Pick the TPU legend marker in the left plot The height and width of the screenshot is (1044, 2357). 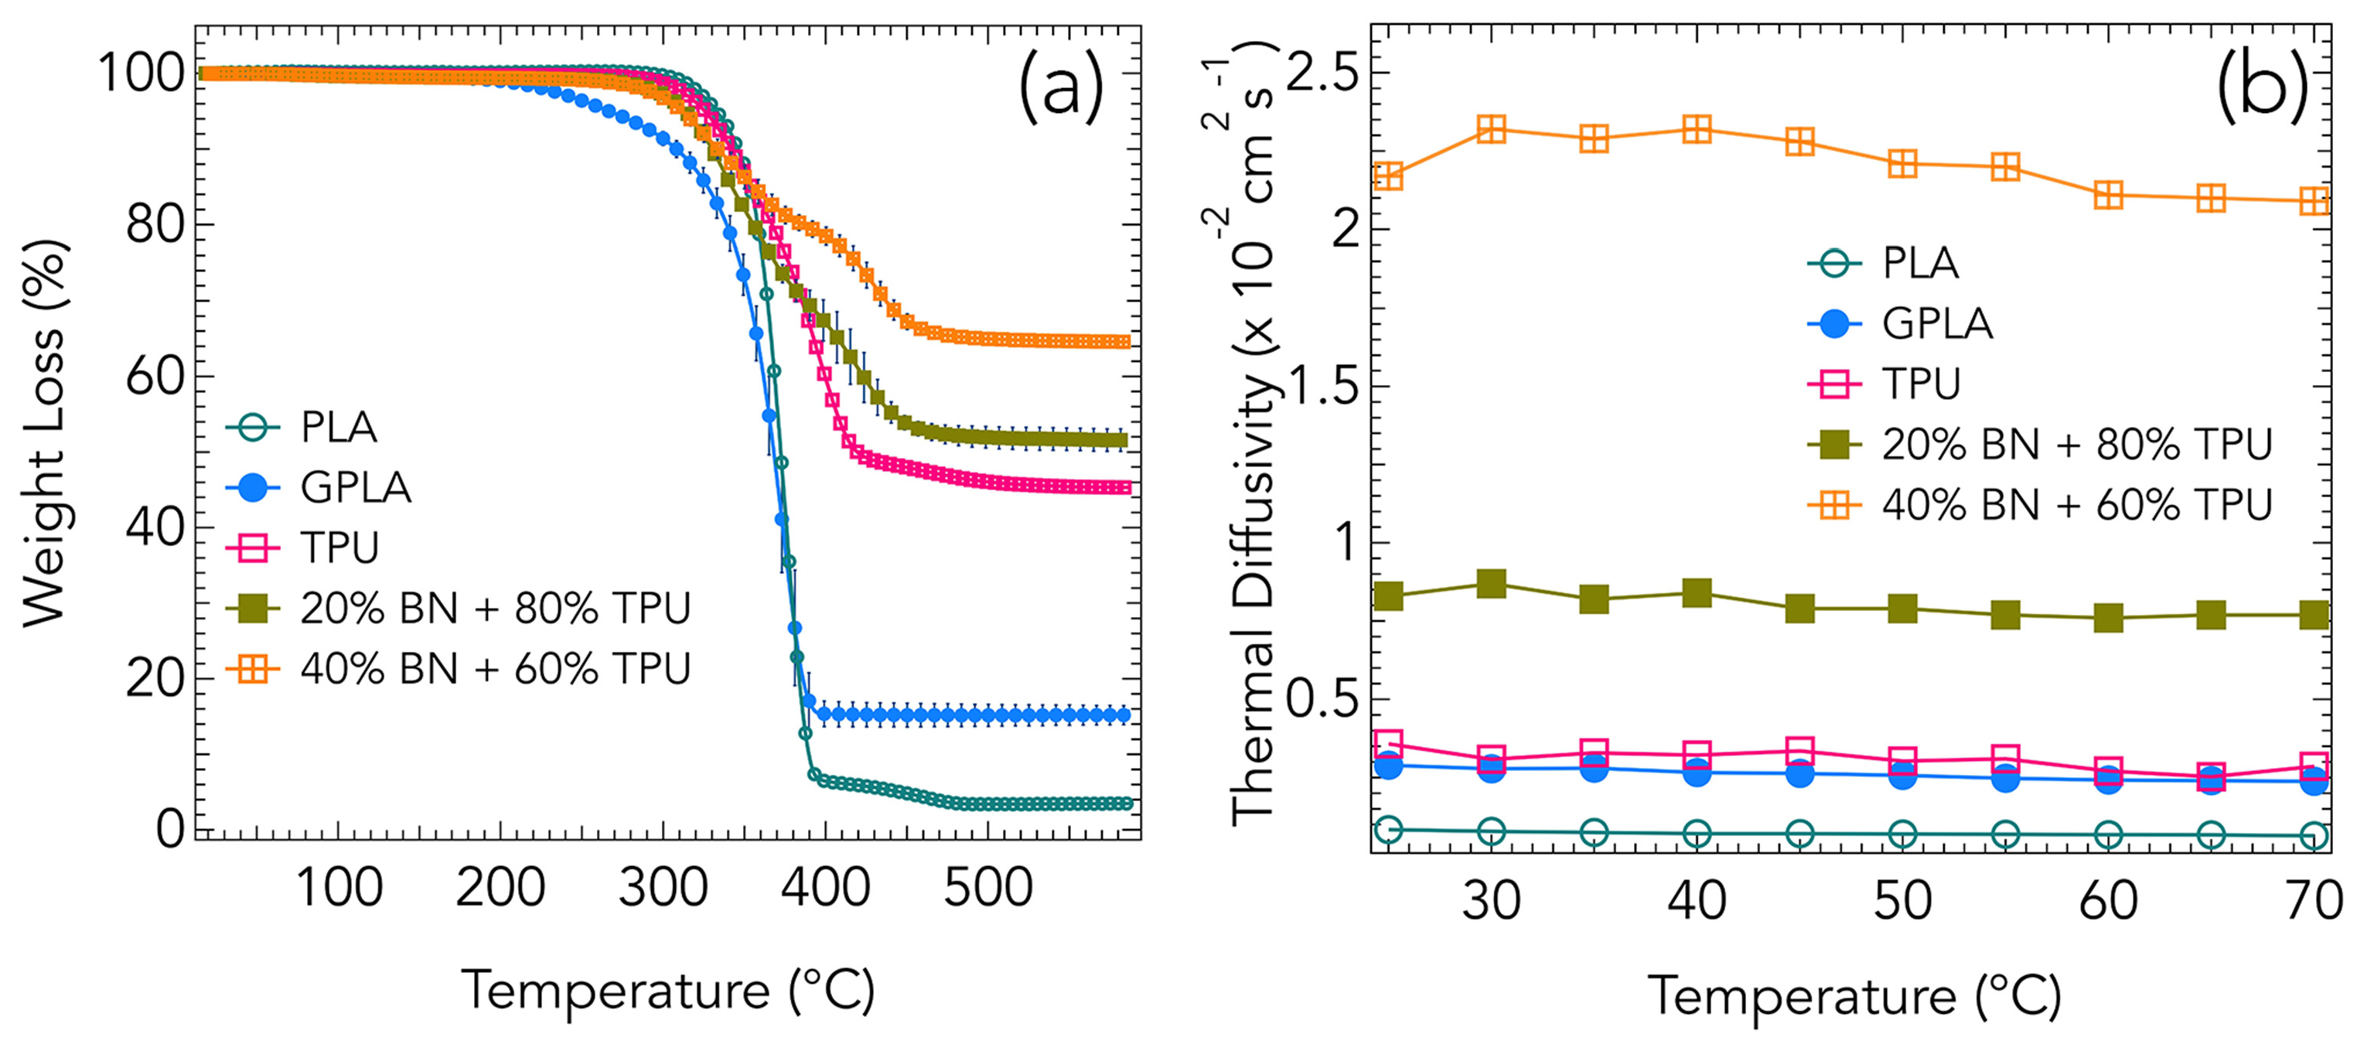(x=253, y=548)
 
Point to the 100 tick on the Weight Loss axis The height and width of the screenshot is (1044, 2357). (x=142, y=73)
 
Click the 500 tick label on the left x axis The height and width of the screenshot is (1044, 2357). (x=987, y=888)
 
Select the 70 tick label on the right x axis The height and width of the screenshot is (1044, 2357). (x=2313, y=900)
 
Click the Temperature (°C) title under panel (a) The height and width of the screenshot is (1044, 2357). (x=668, y=990)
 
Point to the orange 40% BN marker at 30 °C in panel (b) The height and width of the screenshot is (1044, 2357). (x=1492, y=129)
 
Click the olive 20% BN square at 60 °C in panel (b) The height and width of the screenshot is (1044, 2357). (x=2108, y=618)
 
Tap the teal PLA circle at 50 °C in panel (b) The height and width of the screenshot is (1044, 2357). (x=1902, y=834)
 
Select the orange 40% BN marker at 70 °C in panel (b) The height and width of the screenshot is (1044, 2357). (x=2314, y=200)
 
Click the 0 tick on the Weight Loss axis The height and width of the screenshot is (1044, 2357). (x=170, y=829)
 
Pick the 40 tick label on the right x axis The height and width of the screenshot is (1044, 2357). (x=1697, y=900)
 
